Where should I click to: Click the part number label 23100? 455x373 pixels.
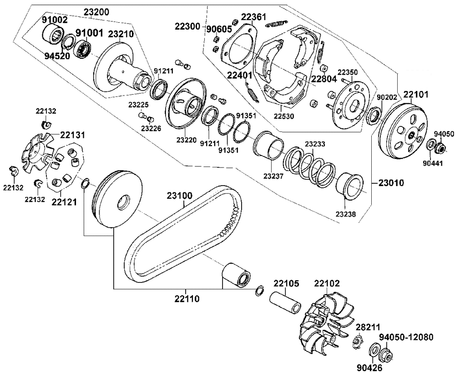click(x=179, y=196)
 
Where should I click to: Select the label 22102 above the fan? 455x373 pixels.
click(x=327, y=283)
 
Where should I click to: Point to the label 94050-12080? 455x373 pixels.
click(x=406, y=337)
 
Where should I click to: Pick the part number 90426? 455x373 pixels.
click(x=370, y=367)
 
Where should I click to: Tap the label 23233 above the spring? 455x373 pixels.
click(x=315, y=144)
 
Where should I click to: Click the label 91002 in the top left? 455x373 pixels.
click(x=55, y=20)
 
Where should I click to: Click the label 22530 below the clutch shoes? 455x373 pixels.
click(x=284, y=116)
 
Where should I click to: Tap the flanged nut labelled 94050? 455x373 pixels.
click(x=440, y=147)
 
